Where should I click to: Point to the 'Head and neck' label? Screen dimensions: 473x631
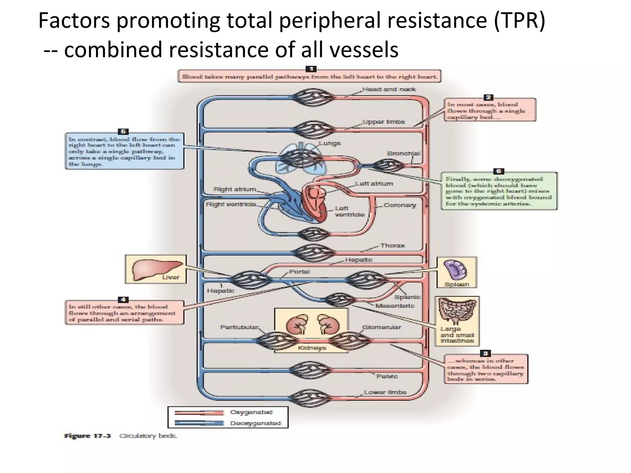[389, 89]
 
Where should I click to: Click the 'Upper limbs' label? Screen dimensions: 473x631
[384, 122]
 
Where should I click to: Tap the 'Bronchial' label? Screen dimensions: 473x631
[403, 153]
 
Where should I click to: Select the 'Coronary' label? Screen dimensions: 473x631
[400, 205]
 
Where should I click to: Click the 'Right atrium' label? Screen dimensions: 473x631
[234, 189]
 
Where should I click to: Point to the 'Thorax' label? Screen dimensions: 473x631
[393, 245]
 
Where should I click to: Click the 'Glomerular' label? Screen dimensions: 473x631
[382, 327]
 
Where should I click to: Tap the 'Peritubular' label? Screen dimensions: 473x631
[239, 327]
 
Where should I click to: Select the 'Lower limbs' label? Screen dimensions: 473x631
[385, 392]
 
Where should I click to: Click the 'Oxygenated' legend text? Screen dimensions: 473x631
[251, 412]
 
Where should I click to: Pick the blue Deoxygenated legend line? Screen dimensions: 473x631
[199, 423]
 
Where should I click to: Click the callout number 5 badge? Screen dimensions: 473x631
[123, 131]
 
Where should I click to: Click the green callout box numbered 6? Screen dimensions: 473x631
[499, 191]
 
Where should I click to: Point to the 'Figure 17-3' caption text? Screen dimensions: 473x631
[87, 436]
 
